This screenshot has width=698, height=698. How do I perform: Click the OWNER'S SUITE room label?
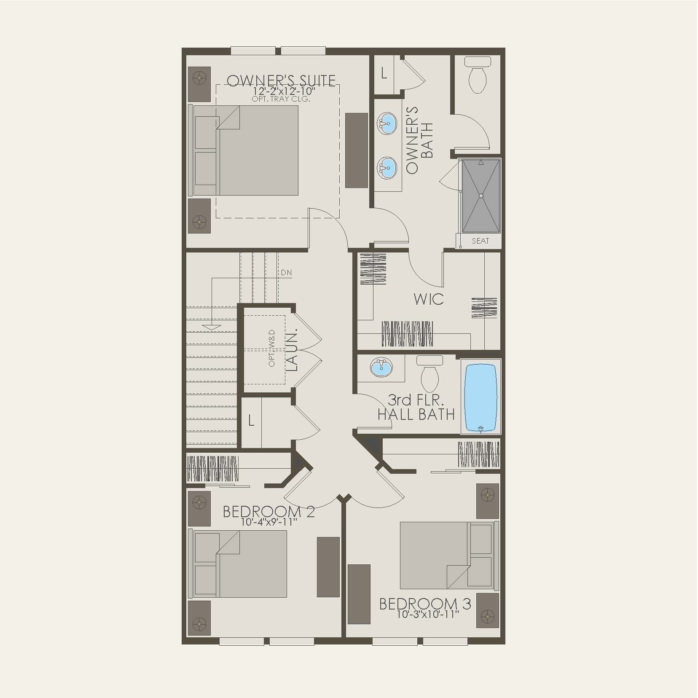(x=281, y=81)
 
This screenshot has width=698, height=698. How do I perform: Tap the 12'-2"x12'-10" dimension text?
(x=284, y=91)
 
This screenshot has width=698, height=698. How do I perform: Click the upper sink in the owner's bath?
(x=387, y=123)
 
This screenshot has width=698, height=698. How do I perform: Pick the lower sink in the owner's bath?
(x=387, y=167)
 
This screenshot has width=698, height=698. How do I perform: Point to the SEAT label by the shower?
(x=480, y=241)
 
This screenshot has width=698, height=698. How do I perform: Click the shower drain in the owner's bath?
(x=481, y=195)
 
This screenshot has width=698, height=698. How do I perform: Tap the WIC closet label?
(x=428, y=299)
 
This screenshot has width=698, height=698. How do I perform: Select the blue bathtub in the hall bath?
(x=481, y=397)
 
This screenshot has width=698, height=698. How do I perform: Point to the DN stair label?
(x=286, y=273)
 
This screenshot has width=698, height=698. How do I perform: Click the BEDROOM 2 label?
(x=268, y=512)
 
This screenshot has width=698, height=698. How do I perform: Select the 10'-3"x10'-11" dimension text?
(x=427, y=614)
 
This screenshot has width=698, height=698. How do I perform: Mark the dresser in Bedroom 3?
(x=359, y=594)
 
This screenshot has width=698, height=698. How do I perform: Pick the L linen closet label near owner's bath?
(x=384, y=74)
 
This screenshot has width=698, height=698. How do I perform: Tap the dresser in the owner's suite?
(x=356, y=150)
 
